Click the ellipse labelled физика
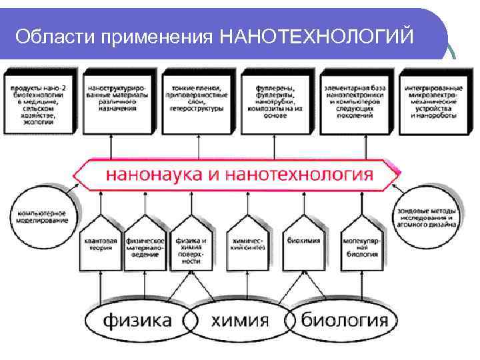pyautogui.click(x=137, y=321)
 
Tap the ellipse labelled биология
pyautogui.click(x=344, y=321)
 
